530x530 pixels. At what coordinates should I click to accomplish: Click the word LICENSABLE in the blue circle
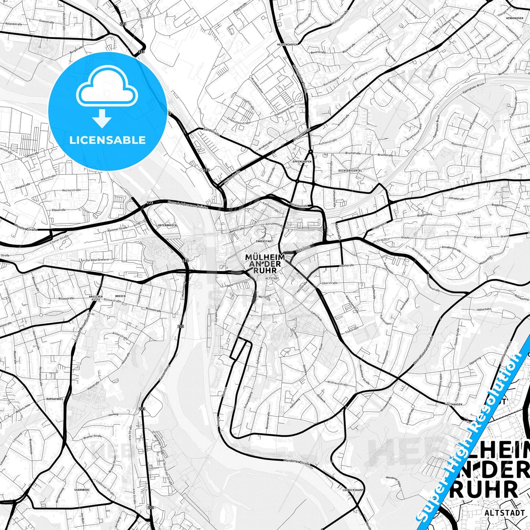[107, 140]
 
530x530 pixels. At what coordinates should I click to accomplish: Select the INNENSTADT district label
[264, 241]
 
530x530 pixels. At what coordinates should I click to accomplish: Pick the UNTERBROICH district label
[167, 225]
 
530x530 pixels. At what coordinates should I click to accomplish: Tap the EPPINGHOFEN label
[302, 162]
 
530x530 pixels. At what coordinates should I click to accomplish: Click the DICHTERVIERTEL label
[350, 171]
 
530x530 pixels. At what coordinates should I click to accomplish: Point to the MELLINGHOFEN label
[288, 44]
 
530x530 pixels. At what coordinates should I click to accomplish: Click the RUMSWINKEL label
[55, 399]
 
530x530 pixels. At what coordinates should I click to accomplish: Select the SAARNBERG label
[82, 490]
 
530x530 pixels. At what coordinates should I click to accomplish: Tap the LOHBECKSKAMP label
[352, 490]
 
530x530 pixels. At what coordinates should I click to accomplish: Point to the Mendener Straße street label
[297, 463]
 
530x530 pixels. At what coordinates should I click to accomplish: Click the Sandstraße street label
[211, 132]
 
